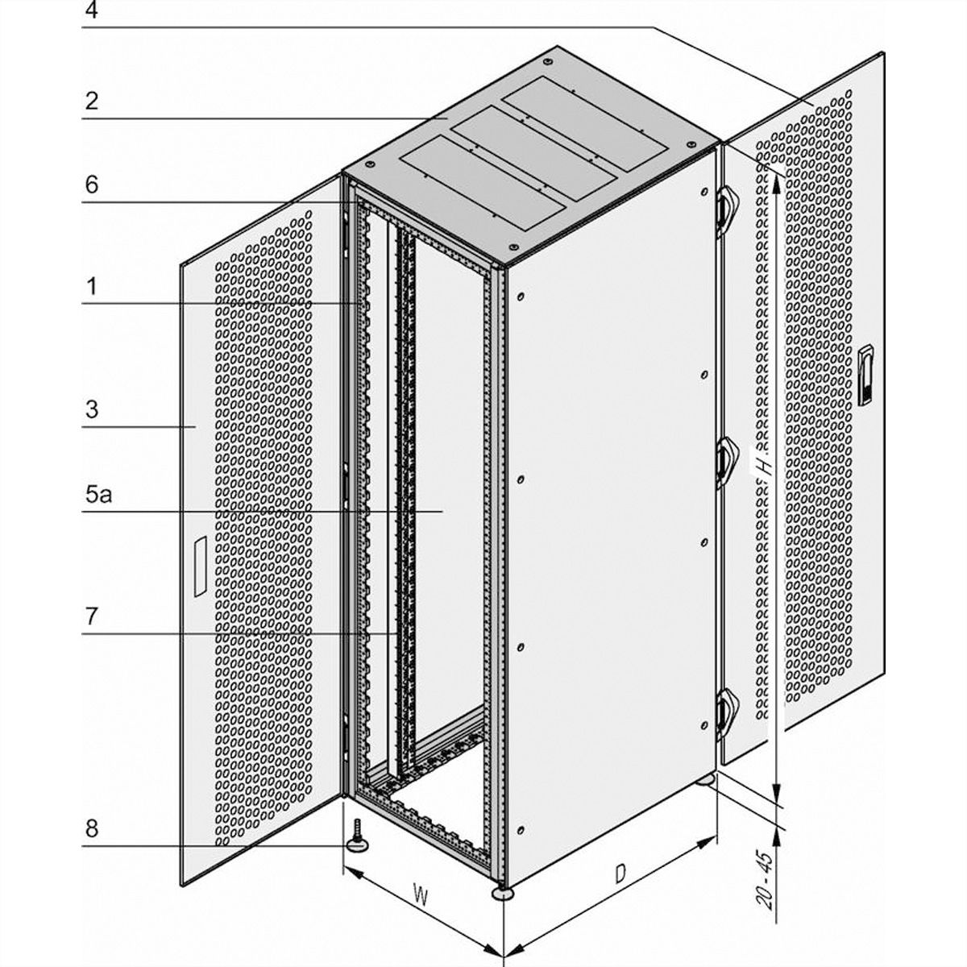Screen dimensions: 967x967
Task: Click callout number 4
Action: pyautogui.click(x=91, y=10)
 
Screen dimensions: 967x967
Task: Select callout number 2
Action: pyautogui.click(x=91, y=101)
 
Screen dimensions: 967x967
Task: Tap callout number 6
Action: pyautogui.click(x=91, y=185)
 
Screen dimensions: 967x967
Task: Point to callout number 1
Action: pyautogui.click(x=91, y=287)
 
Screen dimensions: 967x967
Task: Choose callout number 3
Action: pyautogui.click(x=91, y=409)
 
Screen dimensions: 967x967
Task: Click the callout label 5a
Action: pyautogui.click(x=98, y=494)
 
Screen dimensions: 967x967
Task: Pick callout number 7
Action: pyautogui.click(x=91, y=616)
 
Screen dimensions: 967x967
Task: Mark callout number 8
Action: pyautogui.click(x=91, y=828)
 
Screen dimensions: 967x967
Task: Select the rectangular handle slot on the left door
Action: pyautogui.click(x=200, y=567)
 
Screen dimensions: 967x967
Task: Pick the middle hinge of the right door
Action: pyautogui.click(x=725, y=463)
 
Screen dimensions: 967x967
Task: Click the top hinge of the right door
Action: pyautogui.click(x=725, y=211)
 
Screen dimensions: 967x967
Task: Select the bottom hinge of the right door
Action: pyautogui.click(x=725, y=714)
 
